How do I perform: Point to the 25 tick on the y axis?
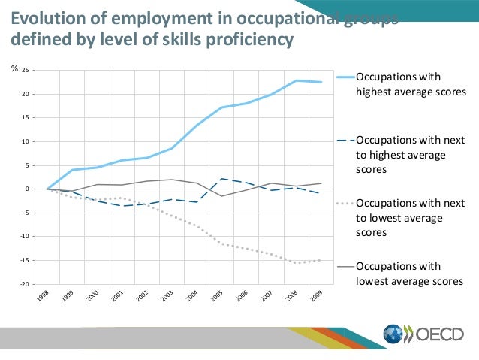(25, 71)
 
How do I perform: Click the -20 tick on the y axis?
(24, 284)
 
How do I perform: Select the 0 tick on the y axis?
(26, 189)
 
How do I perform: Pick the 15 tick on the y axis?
(25, 118)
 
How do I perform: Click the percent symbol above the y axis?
(14, 69)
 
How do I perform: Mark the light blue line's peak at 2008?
(297, 80)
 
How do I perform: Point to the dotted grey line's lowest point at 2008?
(297, 262)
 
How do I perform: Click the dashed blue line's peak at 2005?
(222, 179)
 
